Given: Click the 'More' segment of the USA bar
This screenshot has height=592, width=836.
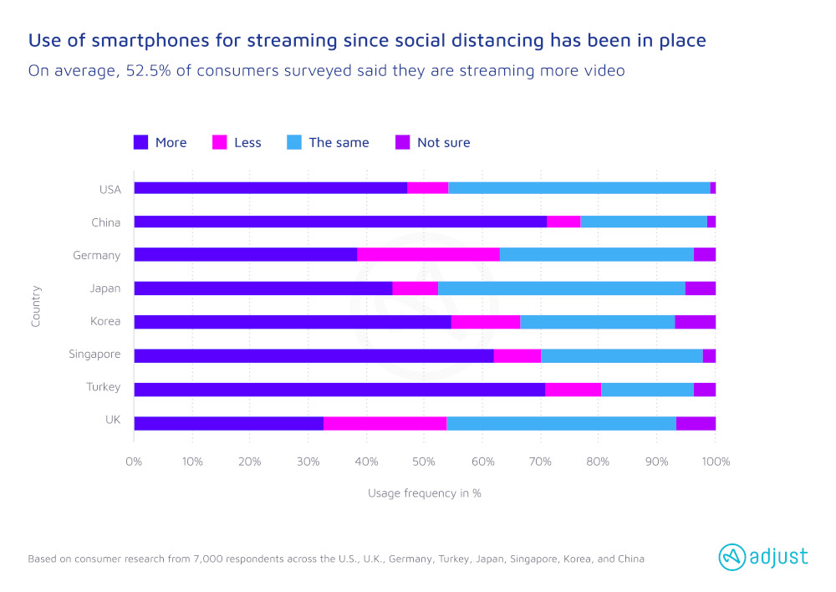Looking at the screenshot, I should click(x=270, y=188).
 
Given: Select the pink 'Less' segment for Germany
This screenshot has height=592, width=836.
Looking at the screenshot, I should click(x=428, y=255).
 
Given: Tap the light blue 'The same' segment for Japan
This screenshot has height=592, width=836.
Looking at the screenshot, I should click(x=561, y=288).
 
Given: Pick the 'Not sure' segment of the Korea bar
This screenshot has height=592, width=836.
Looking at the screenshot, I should click(x=695, y=322).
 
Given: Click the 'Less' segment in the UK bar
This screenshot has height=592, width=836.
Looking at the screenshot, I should click(x=385, y=423).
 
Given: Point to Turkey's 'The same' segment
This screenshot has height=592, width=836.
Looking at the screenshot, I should click(x=647, y=389).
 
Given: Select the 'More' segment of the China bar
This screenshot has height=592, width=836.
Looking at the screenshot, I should click(x=339, y=222).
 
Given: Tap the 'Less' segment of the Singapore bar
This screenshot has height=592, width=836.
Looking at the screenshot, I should click(x=517, y=355).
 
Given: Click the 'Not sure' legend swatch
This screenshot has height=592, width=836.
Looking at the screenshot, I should click(x=401, y=143).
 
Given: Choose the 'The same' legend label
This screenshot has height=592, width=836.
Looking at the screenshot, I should click(x=339, y=143).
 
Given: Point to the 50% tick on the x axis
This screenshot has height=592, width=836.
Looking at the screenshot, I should click(x=424, y=462).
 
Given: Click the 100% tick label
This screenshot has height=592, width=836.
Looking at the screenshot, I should click(x=716, y=462).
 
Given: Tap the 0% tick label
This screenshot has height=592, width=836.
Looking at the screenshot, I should click(x=134, y=462).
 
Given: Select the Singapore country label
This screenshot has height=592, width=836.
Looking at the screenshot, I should click(x=94, y=355).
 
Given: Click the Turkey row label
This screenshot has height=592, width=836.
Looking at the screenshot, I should click(x=104, y=388).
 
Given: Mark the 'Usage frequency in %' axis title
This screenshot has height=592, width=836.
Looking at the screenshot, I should click(x=424, y=493).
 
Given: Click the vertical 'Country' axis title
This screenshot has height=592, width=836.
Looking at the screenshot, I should click(x=36, y=305).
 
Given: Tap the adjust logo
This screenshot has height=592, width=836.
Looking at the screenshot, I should click(x=763, y=556).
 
